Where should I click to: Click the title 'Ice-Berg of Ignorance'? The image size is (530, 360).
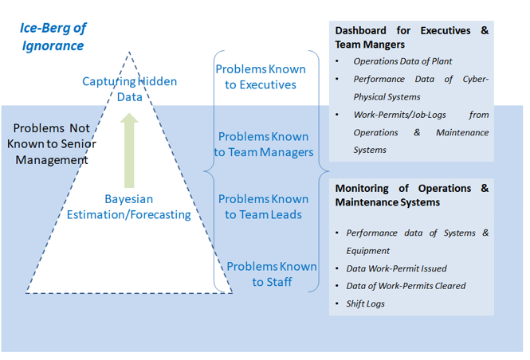53,36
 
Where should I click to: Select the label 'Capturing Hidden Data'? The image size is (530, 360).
130,88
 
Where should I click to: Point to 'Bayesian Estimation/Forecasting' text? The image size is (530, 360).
128,206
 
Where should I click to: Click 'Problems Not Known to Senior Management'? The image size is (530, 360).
52,143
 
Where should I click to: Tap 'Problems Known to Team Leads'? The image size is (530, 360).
263,206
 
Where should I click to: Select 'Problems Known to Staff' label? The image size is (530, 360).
272,274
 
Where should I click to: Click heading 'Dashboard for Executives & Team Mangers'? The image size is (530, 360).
411,37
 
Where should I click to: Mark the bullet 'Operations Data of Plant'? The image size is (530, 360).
402,61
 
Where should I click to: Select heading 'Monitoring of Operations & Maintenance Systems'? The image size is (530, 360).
411,195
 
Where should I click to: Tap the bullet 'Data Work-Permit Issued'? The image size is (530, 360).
396,268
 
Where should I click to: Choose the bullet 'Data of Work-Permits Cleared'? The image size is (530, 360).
406,286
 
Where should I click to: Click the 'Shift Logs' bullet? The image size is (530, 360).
365,303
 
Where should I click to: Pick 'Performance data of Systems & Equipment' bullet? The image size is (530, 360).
416,233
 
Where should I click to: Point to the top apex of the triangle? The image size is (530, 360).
128,53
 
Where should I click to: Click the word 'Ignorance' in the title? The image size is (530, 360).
53,45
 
